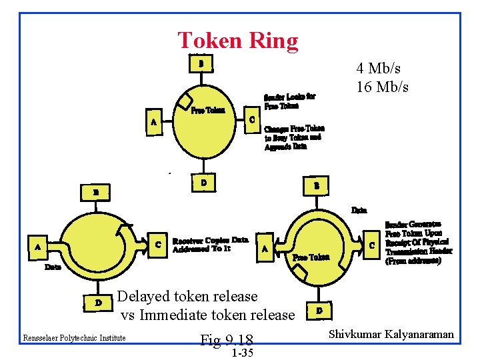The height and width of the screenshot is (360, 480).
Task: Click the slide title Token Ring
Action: (x=238, y=41)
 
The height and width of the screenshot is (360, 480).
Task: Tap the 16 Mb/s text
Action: (x=382, y=87)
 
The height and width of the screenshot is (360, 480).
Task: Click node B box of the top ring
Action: (x=201, y=64)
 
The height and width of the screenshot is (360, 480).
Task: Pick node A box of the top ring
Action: (x=154, y=122)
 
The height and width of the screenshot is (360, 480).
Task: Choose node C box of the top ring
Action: (x=251, y=120)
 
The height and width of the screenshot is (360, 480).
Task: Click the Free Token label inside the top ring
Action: (x=207, y=110)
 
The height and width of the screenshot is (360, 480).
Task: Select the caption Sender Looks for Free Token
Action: (x=290, y=101)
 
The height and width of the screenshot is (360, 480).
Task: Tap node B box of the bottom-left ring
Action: (x=96, y=193)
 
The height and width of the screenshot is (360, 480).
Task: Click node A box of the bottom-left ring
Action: (x=37, y=247)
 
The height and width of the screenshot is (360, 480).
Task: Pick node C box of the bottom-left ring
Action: (x=157, y=245)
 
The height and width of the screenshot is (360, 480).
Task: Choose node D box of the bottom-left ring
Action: (x=98, y=303)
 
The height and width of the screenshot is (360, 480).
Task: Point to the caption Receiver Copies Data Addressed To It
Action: (x=210, y=245)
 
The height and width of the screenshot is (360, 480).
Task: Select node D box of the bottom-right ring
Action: (x=320, y=311)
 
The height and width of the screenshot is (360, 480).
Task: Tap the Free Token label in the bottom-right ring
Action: (x=311, y=257)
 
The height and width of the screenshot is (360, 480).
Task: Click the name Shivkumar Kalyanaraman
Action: (x=392, y=334)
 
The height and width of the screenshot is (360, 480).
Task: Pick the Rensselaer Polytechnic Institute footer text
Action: (x=74, y=338)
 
